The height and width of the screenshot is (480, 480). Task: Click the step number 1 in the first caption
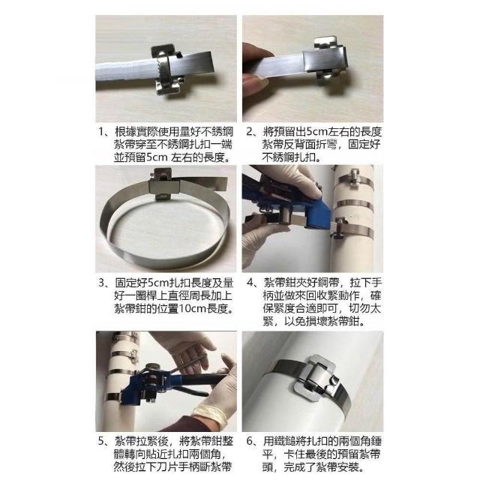tap(102, 132)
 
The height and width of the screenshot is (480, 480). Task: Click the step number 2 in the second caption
tap(250, 132)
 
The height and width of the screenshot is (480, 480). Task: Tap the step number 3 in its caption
tap(102, 283)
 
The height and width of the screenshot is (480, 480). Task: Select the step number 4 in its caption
tap(250, 283)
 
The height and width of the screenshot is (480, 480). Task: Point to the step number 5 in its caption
tap(102, 441)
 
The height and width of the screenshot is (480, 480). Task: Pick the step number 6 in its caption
tap(250, 441)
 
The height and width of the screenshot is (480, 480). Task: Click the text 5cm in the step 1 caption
tap(157, 157)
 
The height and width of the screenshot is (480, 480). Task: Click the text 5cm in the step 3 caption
tap(158, 283)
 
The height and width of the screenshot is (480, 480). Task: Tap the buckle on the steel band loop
tap(162, 185)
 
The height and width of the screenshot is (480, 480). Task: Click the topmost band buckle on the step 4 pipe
tap(353, 178)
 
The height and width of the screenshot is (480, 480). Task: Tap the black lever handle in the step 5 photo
tap(191, 391)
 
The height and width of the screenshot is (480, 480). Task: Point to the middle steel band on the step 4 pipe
tap(355, 205)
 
